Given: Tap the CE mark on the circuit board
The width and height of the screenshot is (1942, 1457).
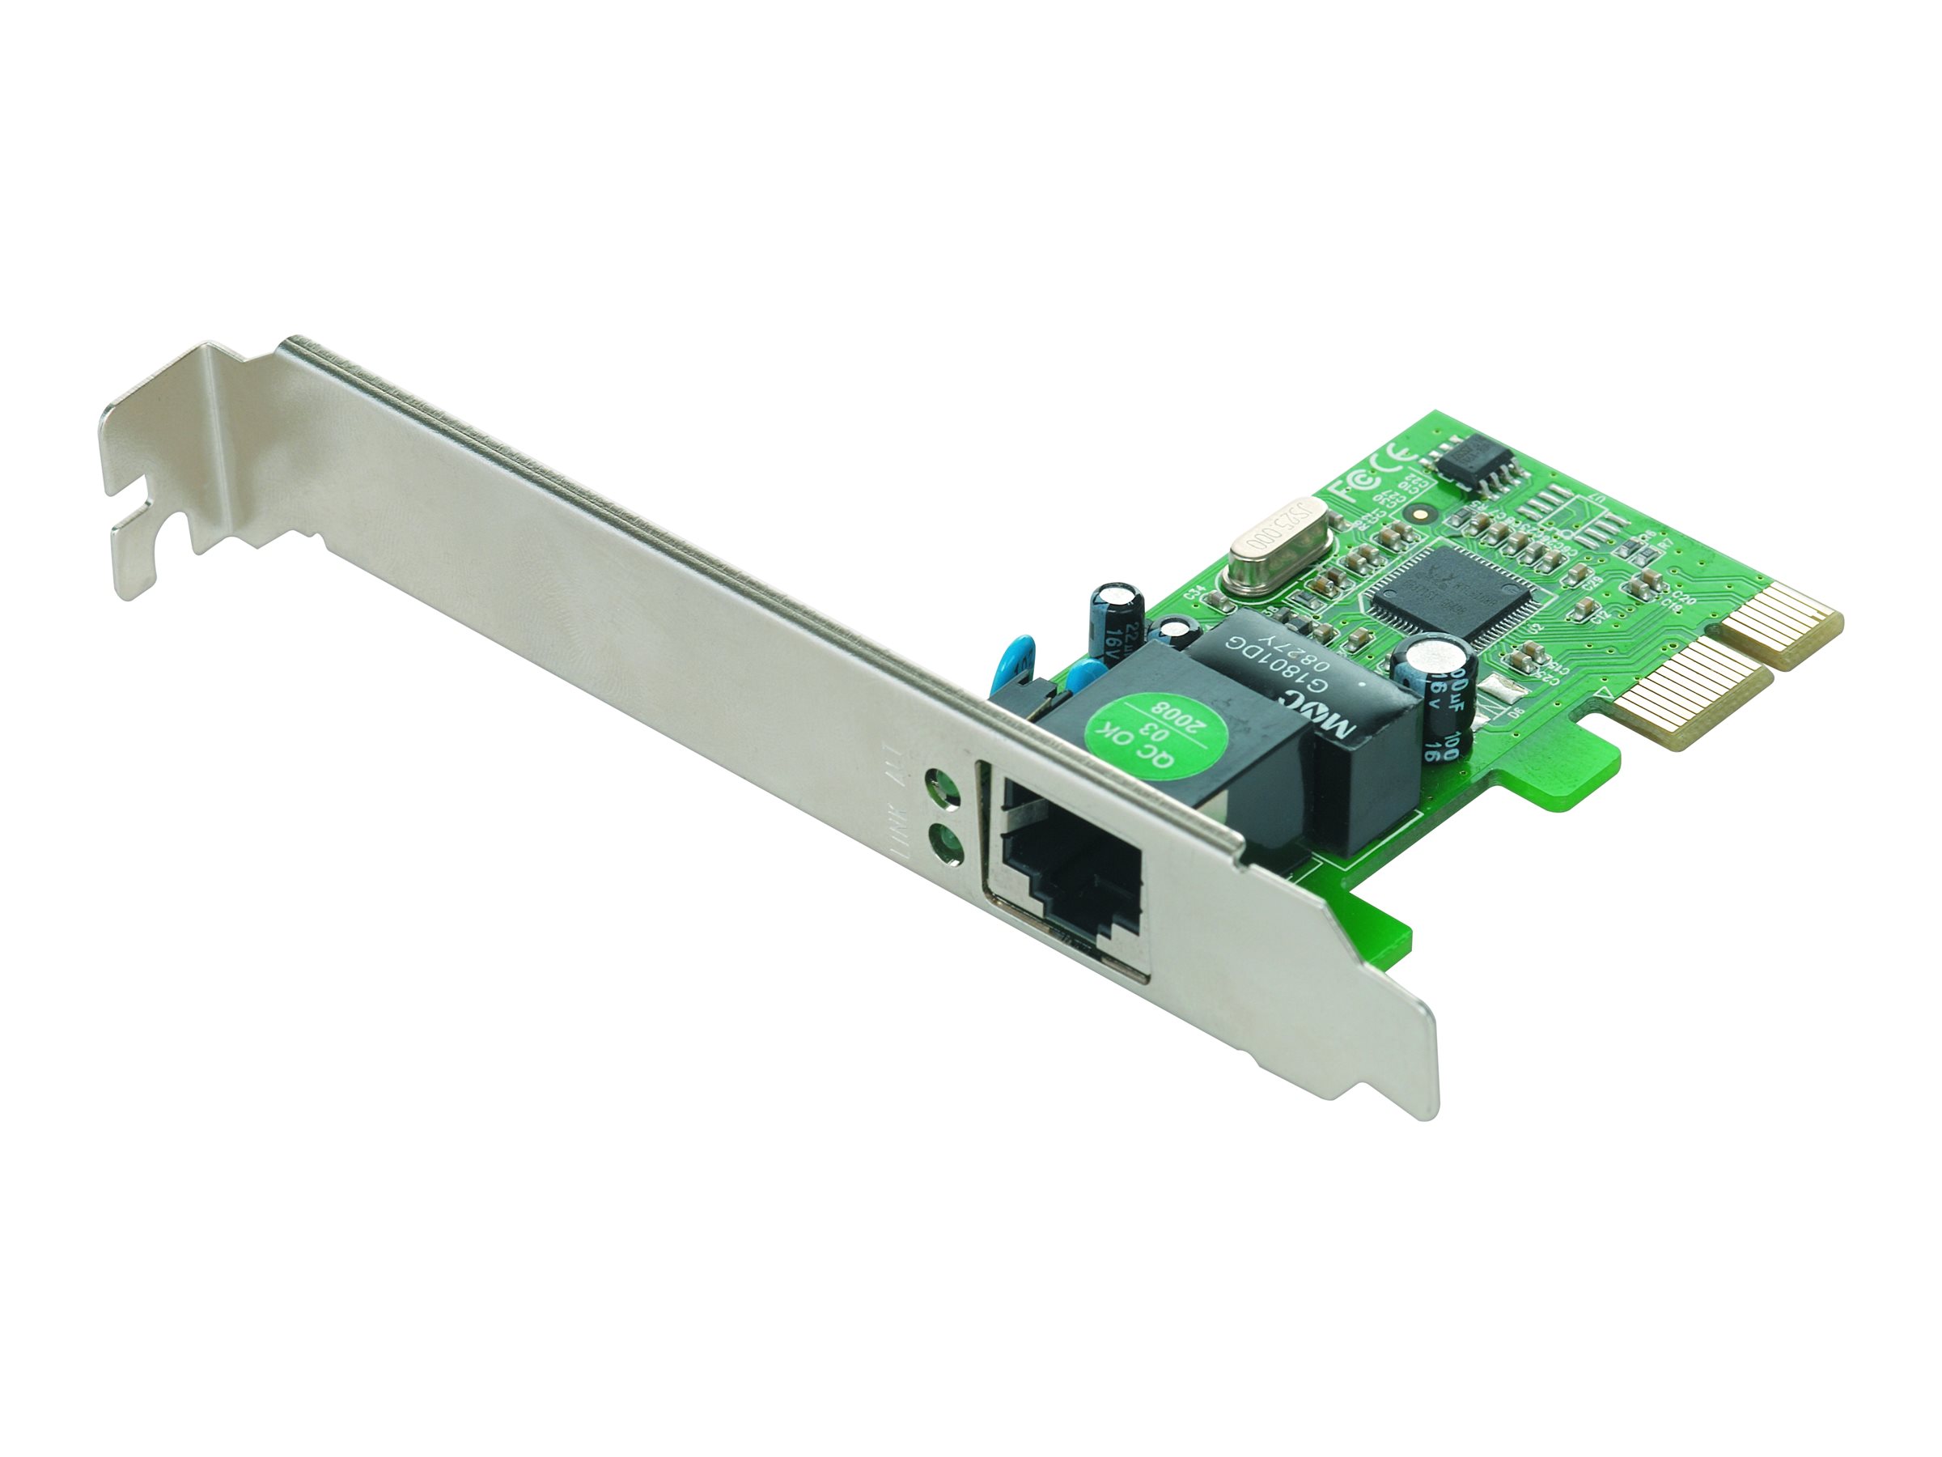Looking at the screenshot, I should (1396, 461).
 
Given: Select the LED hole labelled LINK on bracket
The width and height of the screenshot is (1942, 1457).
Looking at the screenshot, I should (941, 840).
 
